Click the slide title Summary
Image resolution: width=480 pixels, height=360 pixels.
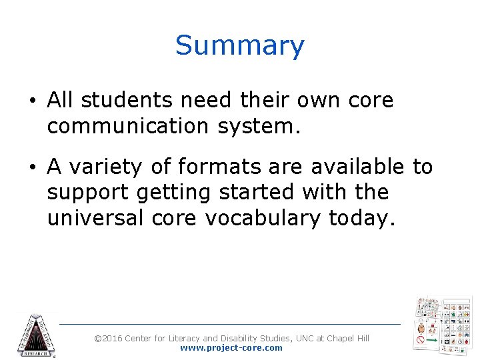240,46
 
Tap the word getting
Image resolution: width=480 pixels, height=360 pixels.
172,193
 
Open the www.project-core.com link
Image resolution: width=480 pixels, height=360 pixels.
231,348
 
